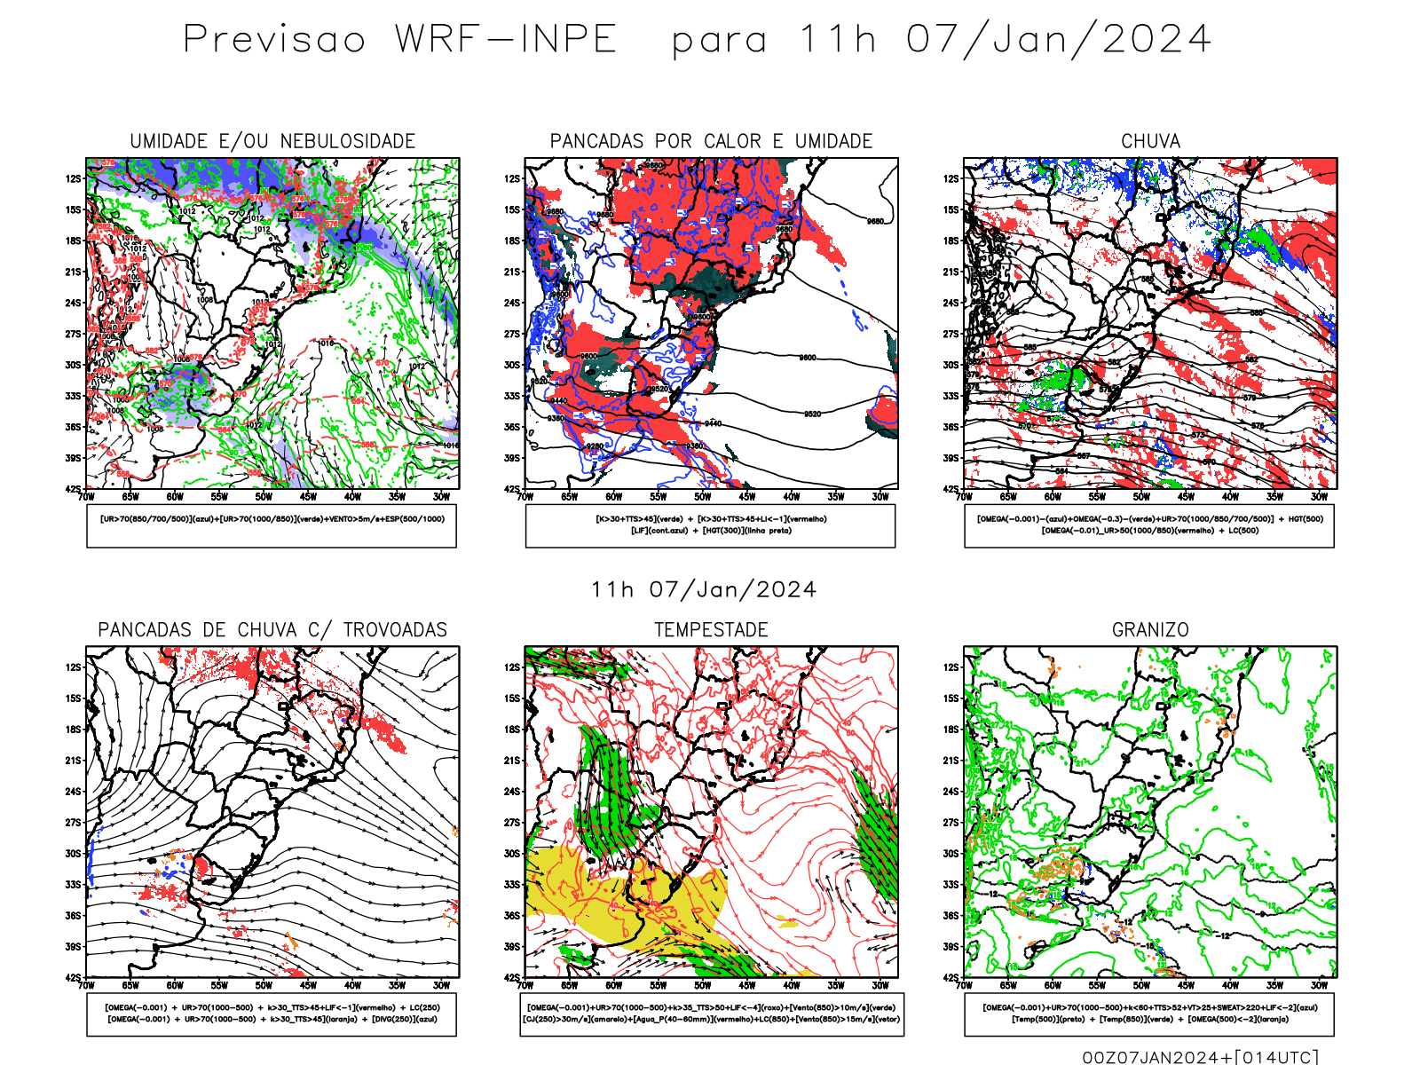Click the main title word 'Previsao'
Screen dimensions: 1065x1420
pyautogui.click(x=274, y=40)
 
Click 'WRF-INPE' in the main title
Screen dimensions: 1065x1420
pyautogui.click(x=506, y=40)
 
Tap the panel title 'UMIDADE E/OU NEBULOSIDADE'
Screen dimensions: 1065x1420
pyautogui.click(x=272, y=141)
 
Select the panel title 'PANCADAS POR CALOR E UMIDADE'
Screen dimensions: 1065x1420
pyautogui.click(x=711, y=141)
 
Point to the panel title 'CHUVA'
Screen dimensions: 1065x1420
pyautogui.click(x=1150, y=141)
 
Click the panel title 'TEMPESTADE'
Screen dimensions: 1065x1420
pyautogui.click(x=711, y=630)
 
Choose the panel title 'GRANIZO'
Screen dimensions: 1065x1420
pyautogui.click(x=1150, y=630)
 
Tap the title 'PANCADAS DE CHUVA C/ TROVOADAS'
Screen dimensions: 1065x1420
pyautogui.click(x=272, y=630)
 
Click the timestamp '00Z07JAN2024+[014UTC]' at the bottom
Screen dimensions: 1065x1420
pyautogui.click(x=1200, y=1057)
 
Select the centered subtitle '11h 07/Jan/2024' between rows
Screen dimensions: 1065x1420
pyautogui.click(x=704, y=590)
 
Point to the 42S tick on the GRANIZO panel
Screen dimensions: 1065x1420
pyautogui.click(x=951, y=978)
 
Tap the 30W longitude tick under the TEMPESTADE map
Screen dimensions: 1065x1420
pyautogui.click(x=880, y=985)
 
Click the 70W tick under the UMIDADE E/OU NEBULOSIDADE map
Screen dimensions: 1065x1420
pyautogui.click(x=86, y=497)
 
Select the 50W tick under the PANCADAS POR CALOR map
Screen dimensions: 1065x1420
pyautogui.click(x=703, y=497)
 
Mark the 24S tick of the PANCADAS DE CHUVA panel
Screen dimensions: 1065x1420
pyautogui.click(x=73, y=792)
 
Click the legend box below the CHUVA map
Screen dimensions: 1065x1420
pyautogui.click(x=1149, y=525)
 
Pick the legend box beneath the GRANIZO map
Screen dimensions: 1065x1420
pyautogui.click(x=1149, y=1014)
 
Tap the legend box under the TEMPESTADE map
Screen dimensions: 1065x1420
pyautogui.click(x=711, y=1014)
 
